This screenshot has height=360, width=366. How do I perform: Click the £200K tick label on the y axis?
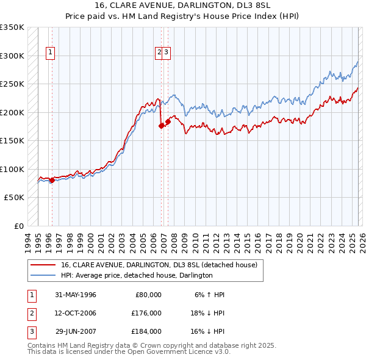pyautogui.click(x=12, y=112)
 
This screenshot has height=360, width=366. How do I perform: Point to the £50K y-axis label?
pyautogui.click(x=14, y=198)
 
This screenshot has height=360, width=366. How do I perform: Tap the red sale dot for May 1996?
pyautogui.click(x=52, y=180)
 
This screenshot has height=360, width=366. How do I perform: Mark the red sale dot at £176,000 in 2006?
pyautogui.click(x=161, y=126)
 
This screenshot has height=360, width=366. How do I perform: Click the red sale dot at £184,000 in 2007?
pyautogui.click(x=168, y=121)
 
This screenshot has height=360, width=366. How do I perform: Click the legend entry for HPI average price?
pyautogui.click(x=136, y=275)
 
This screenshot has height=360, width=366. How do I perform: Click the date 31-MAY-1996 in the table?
pyautogui.click(x=76, y=295)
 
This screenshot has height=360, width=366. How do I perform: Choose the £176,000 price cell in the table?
pyautogui.click(x=146, y=313)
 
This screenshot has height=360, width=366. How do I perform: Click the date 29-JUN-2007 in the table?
pyautogui.click(x=76, y=331)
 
